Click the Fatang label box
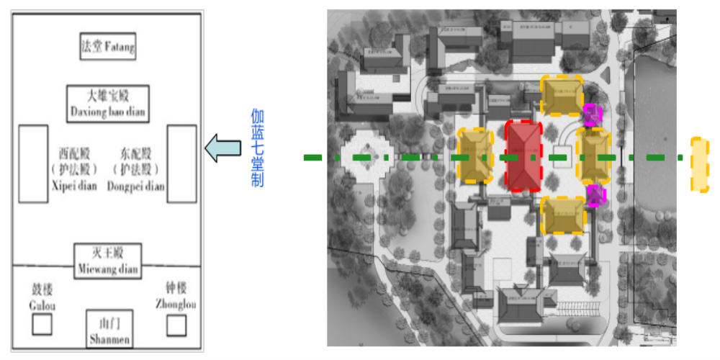(x=108, y=47)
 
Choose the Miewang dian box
(x=107, y=261)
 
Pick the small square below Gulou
(x=42, y=325)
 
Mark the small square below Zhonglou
(x=176, y=325)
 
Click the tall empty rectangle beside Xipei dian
(x=33, y=163)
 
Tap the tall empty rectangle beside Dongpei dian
(x=181, y=163)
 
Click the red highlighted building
(x=523, y=156)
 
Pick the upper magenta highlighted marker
(x=592, y=114)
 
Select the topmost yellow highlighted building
(x=562, y=96)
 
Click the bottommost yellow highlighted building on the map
(x=562, y=215)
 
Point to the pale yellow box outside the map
(x=699, y=164)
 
